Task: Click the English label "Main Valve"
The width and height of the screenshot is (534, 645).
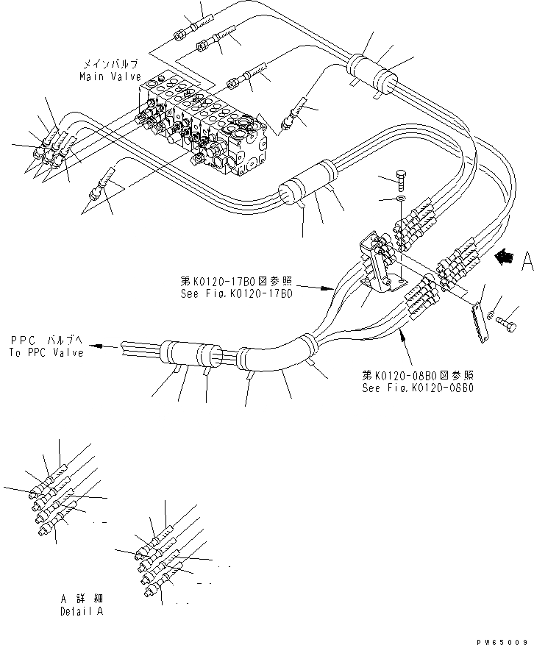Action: (110, 76)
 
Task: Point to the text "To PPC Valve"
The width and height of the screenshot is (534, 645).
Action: (47, 352)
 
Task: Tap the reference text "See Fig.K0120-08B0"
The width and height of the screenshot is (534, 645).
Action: (417, 386)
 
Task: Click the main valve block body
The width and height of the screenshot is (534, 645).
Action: (210, 125)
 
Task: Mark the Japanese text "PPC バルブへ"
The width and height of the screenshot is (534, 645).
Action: (47, 341)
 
